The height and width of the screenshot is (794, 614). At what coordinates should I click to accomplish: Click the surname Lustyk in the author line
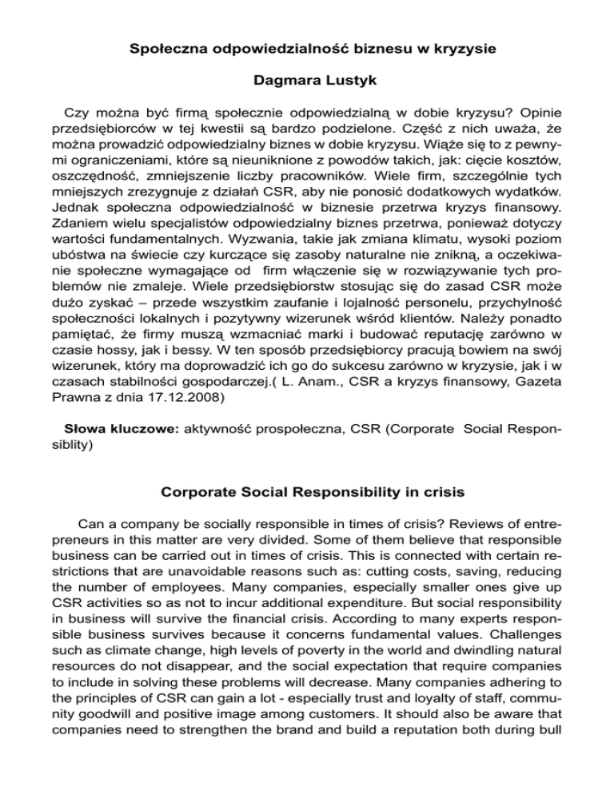pyautogui.click(x=345, y=81)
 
